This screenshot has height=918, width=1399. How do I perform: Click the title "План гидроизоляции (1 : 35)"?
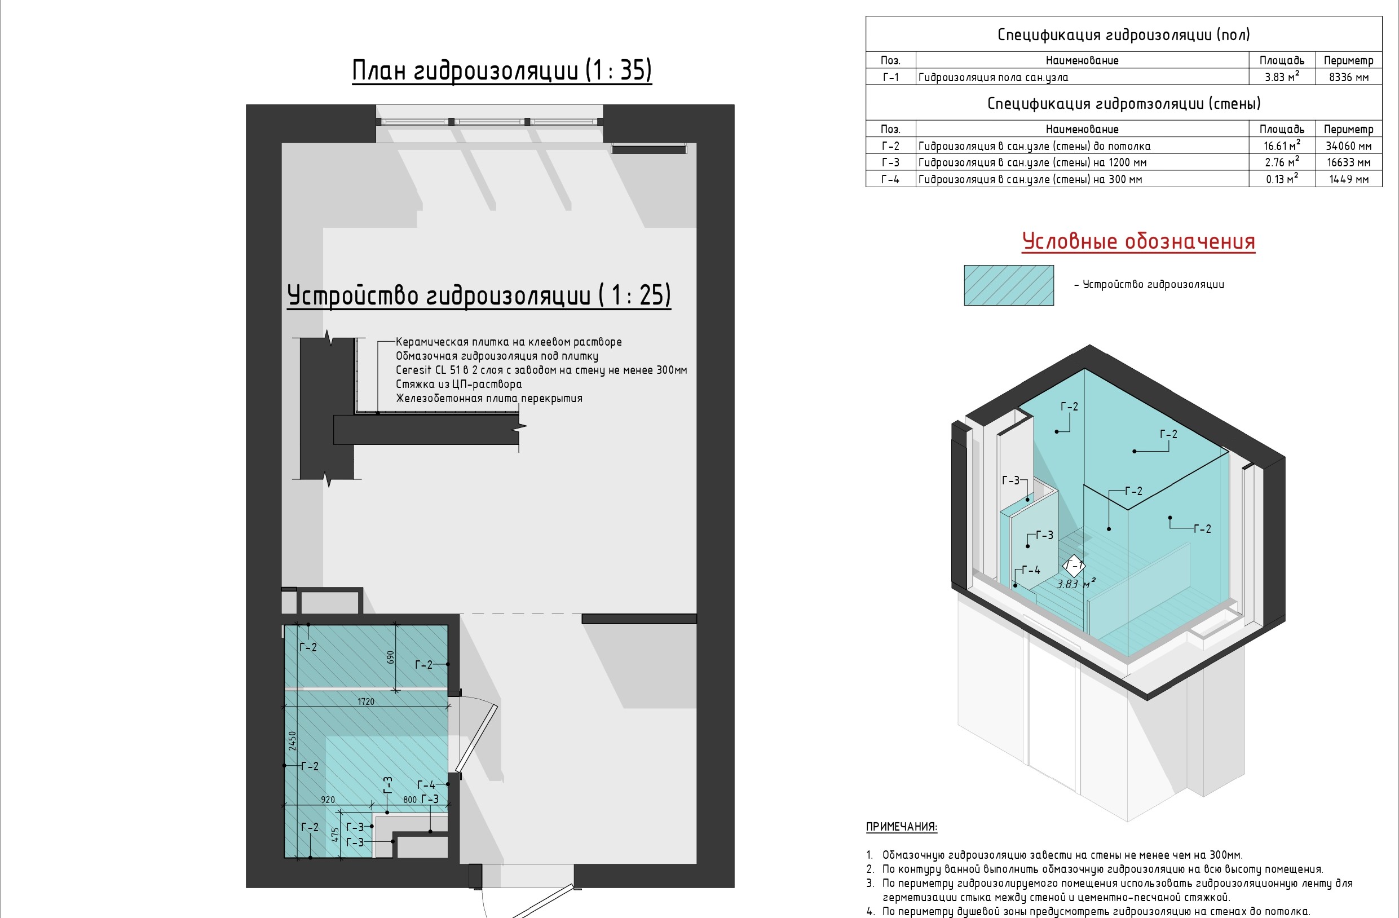pos(502,70)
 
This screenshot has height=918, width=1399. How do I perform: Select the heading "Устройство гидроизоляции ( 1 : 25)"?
pos(479,295)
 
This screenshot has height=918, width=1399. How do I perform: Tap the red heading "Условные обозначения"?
pos(1138,241)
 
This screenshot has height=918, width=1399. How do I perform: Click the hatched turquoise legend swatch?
pos(1009,285)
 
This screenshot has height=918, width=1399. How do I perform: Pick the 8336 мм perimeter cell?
pos(1348,77)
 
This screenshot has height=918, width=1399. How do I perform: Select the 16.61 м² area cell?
pos(1282,145)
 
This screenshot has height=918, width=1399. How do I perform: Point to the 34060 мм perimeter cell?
pos(1348,145)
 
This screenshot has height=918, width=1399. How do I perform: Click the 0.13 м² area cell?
pos(1282,179)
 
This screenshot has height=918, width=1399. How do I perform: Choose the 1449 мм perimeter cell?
pos(1348,179)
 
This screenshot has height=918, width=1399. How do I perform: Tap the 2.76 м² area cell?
pos(1282,162)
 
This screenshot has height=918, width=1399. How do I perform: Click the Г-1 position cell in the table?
pos(890,77)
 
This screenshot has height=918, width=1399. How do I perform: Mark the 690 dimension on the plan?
pos(390,657)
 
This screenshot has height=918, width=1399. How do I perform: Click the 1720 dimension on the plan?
pos(365,701)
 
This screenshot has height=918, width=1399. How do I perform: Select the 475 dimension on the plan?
pos(335,835)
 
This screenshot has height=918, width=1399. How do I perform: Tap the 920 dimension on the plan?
pos(328,799)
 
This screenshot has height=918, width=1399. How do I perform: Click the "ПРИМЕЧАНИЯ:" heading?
pos(902,827)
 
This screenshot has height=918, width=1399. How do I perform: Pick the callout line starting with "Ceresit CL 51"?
pos(541,370)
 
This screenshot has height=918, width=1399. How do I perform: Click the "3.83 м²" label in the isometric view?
pos(1076,584)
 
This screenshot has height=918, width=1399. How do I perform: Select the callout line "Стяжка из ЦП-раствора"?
pos(458,385)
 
